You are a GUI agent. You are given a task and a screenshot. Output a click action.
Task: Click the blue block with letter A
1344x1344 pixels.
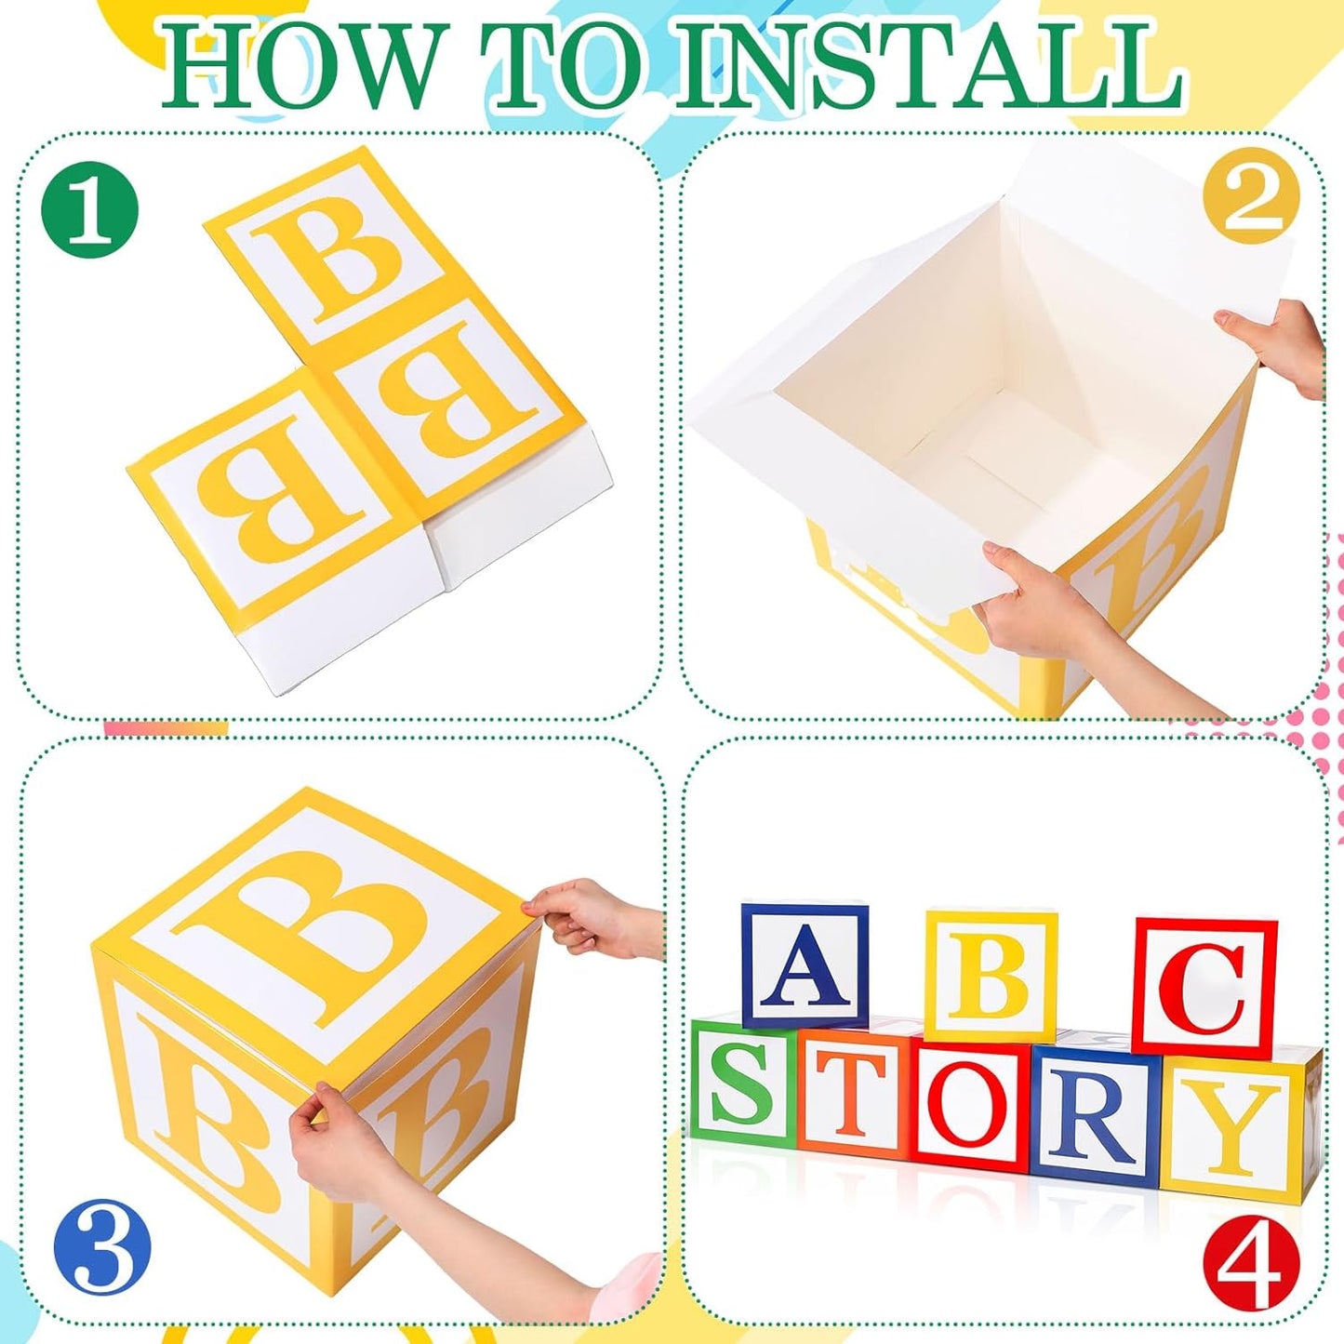(x=805, y=965)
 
